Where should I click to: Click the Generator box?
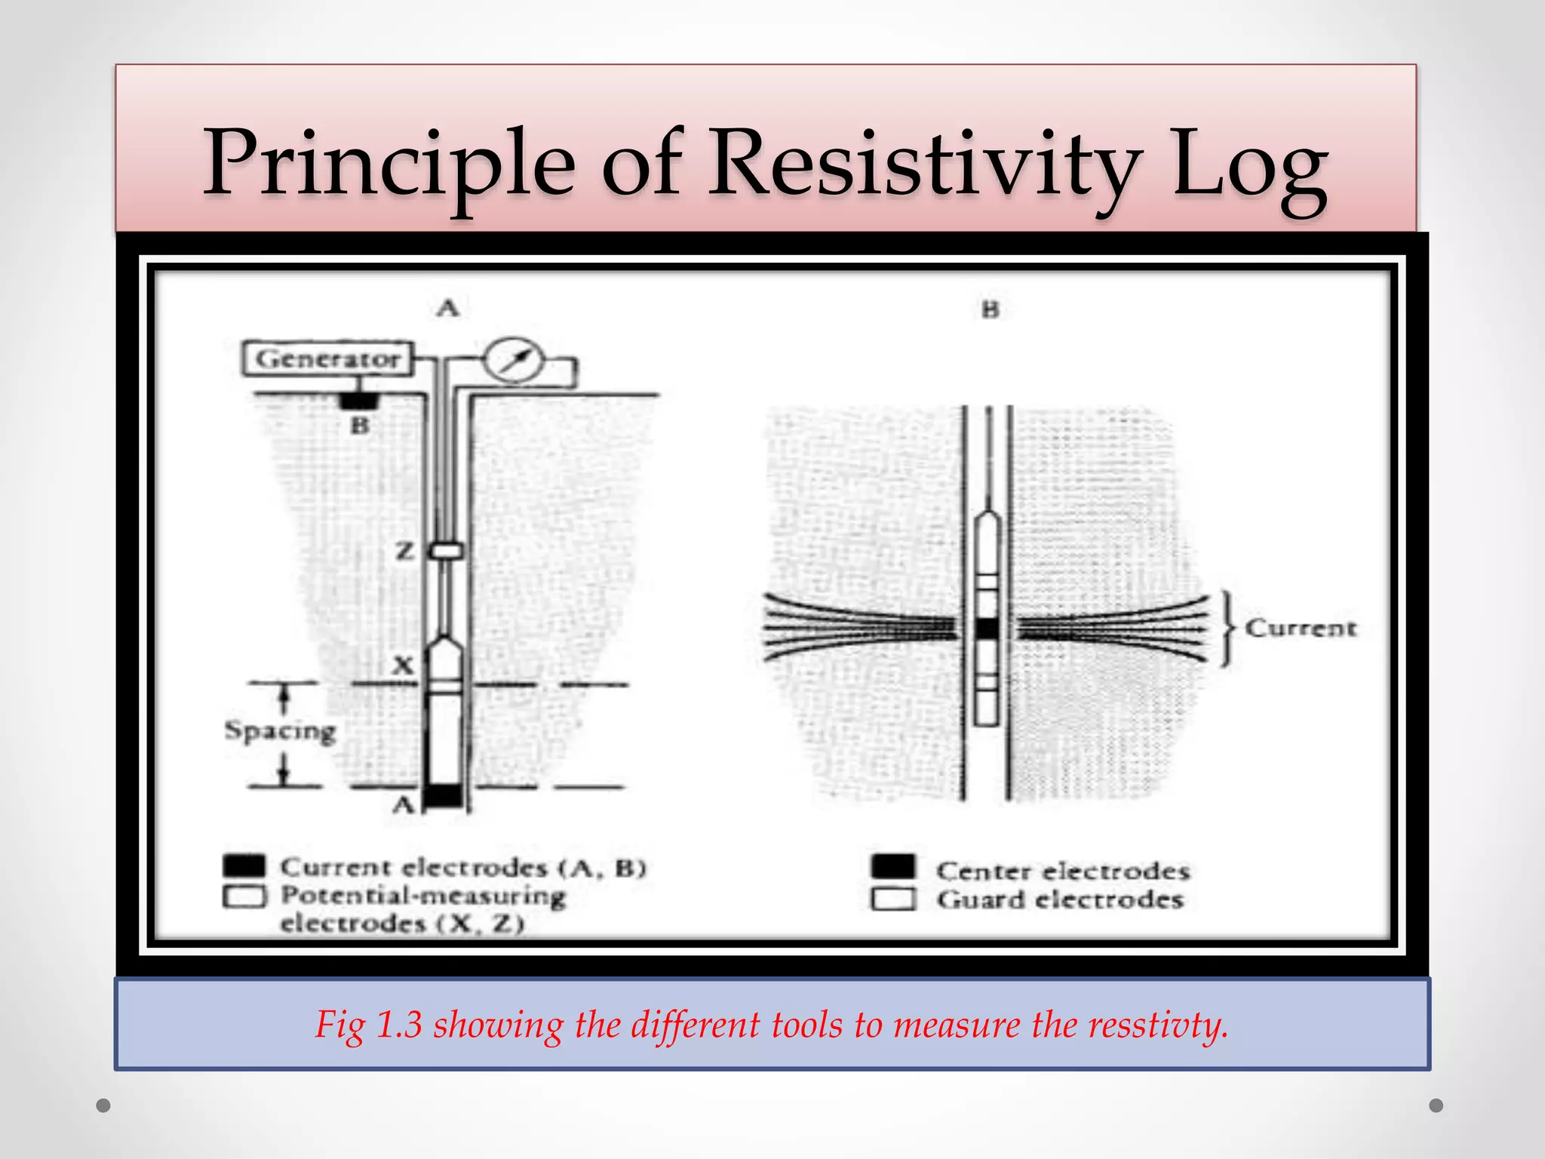pos(327,358)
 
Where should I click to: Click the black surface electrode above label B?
pos(358,399)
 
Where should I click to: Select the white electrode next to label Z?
pos(447,552)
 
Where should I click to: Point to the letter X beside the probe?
pos(404,666)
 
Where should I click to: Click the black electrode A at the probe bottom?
pos(444,795)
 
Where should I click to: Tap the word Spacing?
pos(280,731)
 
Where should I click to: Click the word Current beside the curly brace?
pos(1300,628)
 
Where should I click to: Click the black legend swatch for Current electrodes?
pos(244,865)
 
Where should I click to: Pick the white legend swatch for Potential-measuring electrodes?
pos(244,896)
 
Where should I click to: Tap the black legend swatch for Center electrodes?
pos(893,867)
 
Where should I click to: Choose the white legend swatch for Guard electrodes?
pos(893,899)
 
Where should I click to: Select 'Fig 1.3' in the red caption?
pos(368,1025)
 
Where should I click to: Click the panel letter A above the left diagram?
pos(448,308)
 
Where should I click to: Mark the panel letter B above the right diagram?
pos(990,309)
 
